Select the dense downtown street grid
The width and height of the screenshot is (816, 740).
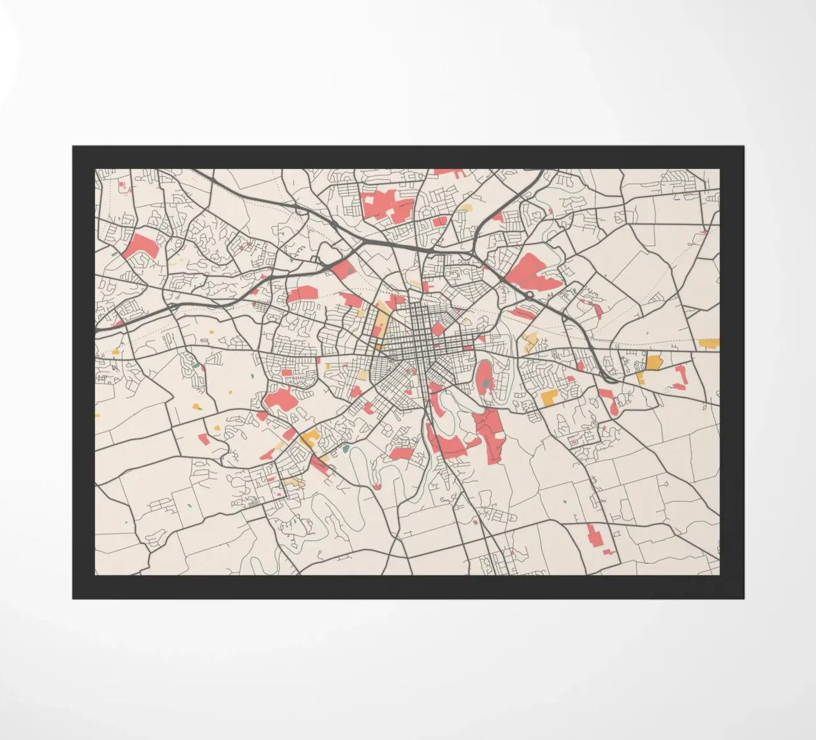pos(414,332)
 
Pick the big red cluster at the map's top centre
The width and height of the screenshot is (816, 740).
pos(386,205)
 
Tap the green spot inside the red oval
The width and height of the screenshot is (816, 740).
pos(486,383)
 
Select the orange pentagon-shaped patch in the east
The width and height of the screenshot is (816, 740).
pos(653,362)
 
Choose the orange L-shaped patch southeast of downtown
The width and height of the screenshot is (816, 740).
pos(549,397)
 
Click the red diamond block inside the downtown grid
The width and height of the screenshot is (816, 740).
pos(439,329)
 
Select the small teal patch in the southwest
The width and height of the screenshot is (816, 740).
pos(346,450)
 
